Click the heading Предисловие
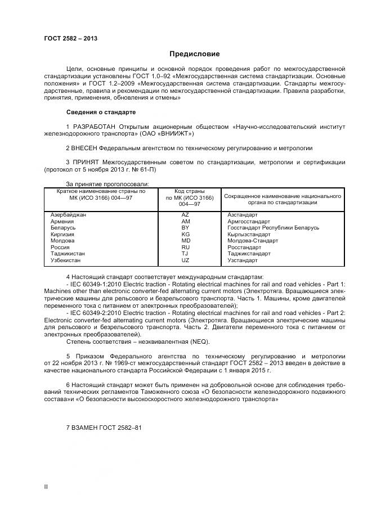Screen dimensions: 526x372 pos(195,54)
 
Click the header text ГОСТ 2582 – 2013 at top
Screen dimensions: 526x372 pos(70,38)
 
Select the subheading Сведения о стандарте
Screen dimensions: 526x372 pos(101,113)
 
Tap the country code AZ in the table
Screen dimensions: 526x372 pos(186,215)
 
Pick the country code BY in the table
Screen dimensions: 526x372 pos(186,228)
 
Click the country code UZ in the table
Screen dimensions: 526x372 pos(186,260)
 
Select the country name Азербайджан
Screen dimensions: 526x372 pos(69,215)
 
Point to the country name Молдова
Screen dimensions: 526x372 pos(62,241)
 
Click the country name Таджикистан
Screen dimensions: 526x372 pos(68,254)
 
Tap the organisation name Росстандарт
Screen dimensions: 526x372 pos(244,248)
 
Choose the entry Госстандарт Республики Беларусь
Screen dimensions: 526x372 pos(273,228)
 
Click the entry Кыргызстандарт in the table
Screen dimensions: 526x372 pos(249,235)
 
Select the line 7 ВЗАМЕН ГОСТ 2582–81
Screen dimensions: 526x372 pos(104,427)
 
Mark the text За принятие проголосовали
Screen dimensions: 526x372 pos(107,184)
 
